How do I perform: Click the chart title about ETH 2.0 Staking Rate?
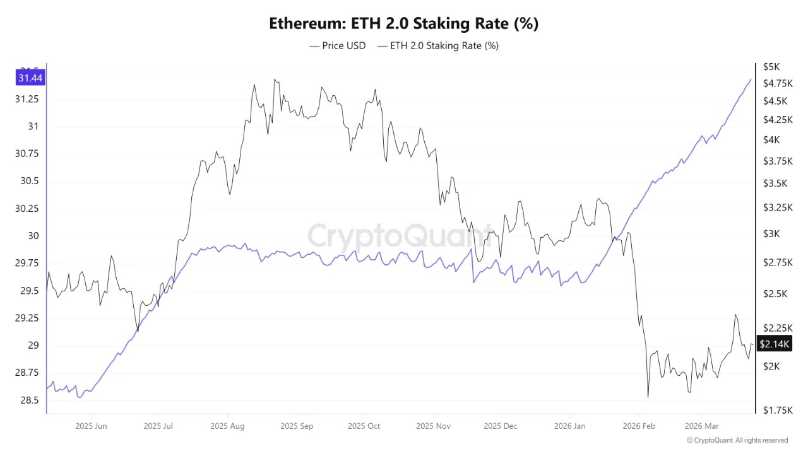[404, 23]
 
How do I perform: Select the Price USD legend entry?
[338, 45]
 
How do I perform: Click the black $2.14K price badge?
[773, 344]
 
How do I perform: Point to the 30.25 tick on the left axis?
[26, 209]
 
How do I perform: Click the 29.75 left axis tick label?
[26, 263]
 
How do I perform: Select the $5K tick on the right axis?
[771, 66]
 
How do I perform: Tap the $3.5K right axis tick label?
[775, 183]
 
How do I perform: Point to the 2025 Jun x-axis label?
[92, 426]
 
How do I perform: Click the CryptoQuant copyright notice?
[737, 440]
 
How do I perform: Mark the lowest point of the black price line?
[648, 397]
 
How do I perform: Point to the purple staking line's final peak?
[751, 79]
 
